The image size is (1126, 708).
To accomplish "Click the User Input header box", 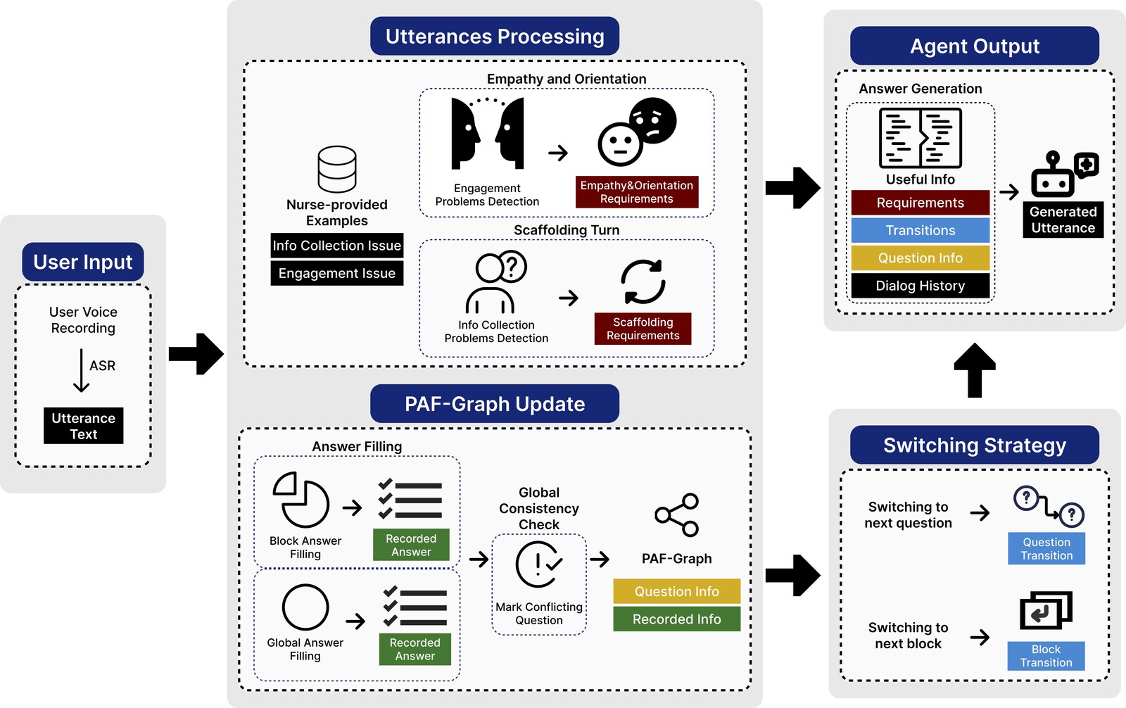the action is click(x=83, y=262).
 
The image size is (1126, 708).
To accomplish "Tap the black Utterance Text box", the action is click(x=84, y=426).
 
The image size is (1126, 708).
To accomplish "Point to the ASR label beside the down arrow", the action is click(x=102, y=365).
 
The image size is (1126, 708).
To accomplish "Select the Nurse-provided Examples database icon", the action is click(x=337, y=170).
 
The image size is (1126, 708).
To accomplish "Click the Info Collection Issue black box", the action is click(x=337, y=246).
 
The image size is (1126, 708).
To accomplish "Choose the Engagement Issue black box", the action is click(x=337, y=273).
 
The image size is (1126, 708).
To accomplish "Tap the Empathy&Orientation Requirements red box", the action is click(x=637, y=192).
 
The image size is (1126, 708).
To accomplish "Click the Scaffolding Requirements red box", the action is click(x=643, y=329).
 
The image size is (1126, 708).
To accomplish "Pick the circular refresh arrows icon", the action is click(x=643, y=282).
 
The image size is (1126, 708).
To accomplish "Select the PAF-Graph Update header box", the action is click(x=495, y=404).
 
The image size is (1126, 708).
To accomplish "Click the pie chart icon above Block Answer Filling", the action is click(x=301, y=500).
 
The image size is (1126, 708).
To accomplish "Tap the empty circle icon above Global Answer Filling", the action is click(x=305, y=607).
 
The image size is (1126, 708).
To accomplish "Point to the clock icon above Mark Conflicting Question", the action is click(x=538, y=564).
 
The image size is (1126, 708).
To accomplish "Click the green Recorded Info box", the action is click(x=676, y=619).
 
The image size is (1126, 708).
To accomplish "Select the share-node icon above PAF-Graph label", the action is click(x=676, y=515).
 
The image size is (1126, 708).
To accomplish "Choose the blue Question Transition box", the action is click(x=1046, y=549).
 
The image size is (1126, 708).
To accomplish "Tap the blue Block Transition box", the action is click(x=1046, y=656).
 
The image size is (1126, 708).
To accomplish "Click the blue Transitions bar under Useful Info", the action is click(x=921, y=230).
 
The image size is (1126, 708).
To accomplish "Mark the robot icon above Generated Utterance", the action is click(x=1064, y=174).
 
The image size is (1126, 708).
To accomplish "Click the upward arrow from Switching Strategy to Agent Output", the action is click(x=975, y=370).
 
